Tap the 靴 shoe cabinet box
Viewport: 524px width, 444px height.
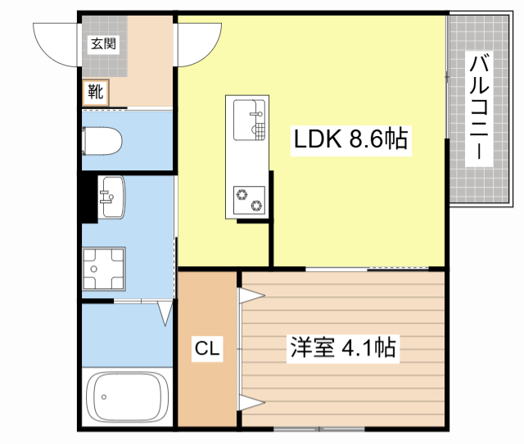[96, 92]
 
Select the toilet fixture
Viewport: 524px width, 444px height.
[102, 141]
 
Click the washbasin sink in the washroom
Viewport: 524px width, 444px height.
[111, 197]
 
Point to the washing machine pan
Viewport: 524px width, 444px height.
[102, 269]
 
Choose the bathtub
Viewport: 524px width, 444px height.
[128, 397]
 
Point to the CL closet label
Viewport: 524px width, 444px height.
[207, 350]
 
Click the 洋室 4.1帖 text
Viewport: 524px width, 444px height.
[342, 349]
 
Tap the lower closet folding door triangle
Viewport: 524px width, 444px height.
[248, 401]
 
